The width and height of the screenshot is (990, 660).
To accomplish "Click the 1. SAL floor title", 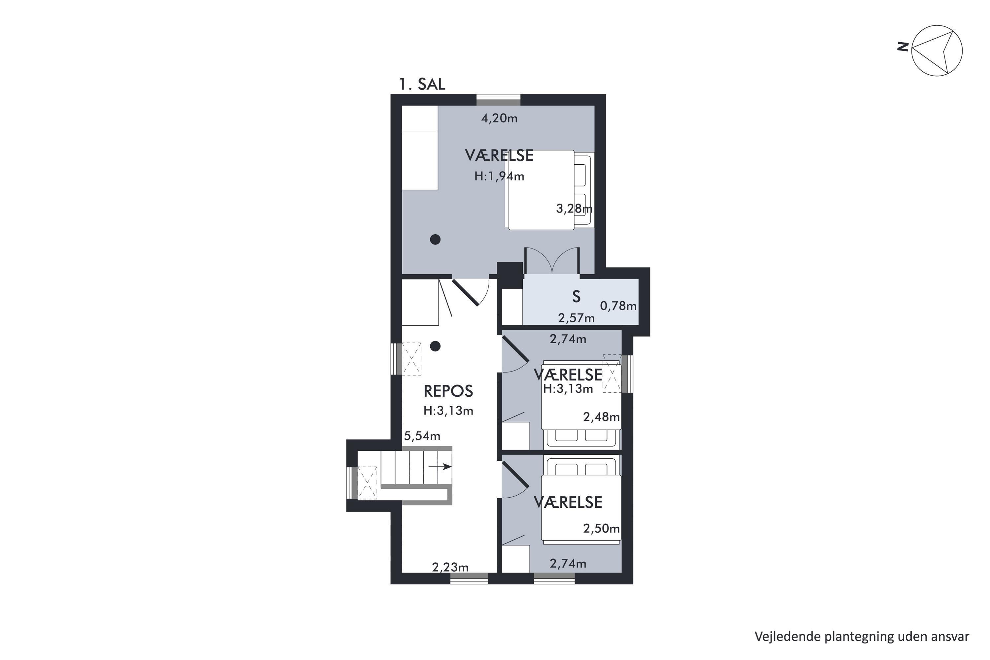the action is tap(422, 84).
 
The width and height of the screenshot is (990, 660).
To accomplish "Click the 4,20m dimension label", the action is tap(499, 118).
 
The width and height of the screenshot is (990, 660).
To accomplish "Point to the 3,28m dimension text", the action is tap(574, 208).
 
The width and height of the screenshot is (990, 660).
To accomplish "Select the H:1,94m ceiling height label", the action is tap(499, 176).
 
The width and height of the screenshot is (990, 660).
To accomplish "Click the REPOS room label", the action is tap(448, 391).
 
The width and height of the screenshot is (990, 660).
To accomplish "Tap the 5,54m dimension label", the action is tap(422, 436).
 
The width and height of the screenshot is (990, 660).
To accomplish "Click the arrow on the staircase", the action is tap(440, 466).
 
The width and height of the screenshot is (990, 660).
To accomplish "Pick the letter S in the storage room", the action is tap(576, 297).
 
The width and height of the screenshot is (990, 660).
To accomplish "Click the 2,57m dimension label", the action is tap(576, 318).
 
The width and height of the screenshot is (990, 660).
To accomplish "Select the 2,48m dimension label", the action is tap(601, 417).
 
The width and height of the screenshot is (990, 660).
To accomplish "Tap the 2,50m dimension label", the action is tap(601, 528).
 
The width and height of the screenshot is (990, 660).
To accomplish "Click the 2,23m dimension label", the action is tap(450, 567).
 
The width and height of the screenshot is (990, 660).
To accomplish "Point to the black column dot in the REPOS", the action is tap(435, 346).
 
